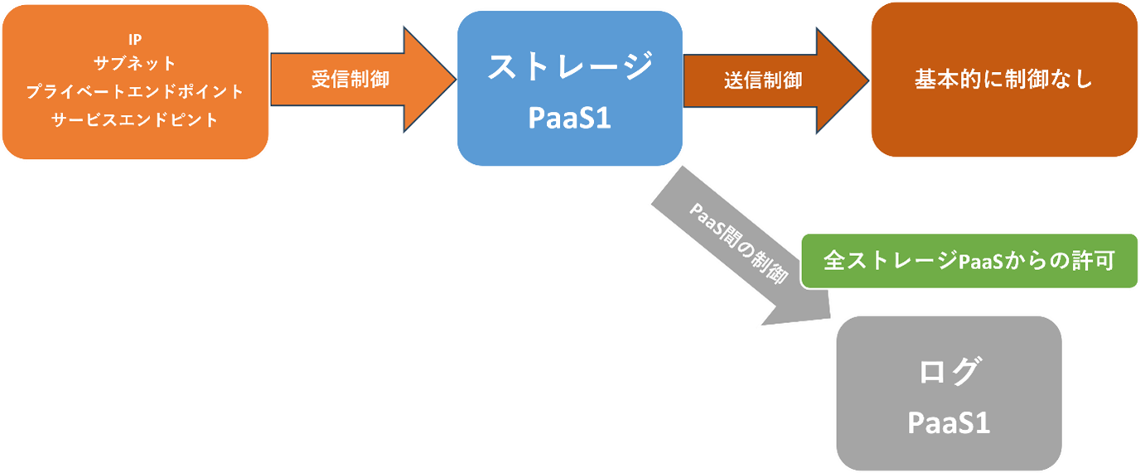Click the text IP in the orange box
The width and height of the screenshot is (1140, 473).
(x=135, y=41)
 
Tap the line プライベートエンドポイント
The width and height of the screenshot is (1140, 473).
(x=135, y=92)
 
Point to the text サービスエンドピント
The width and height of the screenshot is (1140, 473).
(x=135, y=119)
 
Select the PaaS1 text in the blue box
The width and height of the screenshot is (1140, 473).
(x=569, y=118)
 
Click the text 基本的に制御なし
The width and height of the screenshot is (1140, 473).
(x=1003, y=80)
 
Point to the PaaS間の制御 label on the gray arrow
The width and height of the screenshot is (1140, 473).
(x=737, y=242)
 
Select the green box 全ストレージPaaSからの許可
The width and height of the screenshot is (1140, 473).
(x=969, y=260)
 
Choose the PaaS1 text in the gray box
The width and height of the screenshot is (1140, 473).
(x=949, y=422)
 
